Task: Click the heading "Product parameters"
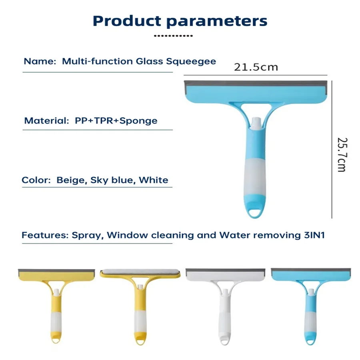180,21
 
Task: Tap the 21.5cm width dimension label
256,67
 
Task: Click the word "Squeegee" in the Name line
197,61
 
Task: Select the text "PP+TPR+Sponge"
116,120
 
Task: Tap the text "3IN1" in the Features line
312,235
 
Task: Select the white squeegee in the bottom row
225,304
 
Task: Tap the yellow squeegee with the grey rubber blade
56,304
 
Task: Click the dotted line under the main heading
173,36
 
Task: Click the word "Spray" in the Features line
87,235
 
